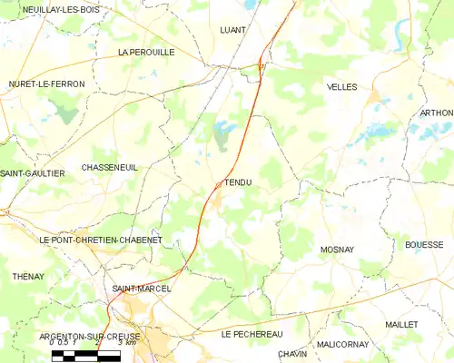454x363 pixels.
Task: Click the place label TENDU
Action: pyautogui.click(x=238, y=182)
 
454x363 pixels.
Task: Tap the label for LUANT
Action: pyautogui.click(x=233, y=29)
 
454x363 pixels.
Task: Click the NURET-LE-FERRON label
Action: pyautogui.click(x=46, y=84)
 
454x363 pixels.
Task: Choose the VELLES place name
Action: pyautogui.click(x=341, y=87)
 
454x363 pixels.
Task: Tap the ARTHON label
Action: pyautogui.click(x=437, y=113)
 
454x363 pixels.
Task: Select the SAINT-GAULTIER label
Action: pyautogui.click(x=33, y=173)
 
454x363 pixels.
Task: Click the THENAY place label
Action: pyautogui.click(x=28, y=276)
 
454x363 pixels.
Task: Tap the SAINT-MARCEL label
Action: pyautogui.click(x=142, y=289)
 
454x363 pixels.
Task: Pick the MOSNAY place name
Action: pyautogui.click(x=337, y=249)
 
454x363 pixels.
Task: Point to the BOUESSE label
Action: pyautogui.click(x=424, y=245)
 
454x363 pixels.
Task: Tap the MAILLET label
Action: pyautogui.click(x=400, y=324)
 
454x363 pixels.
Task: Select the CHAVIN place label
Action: pyautogui.click(x=292, y=354)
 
